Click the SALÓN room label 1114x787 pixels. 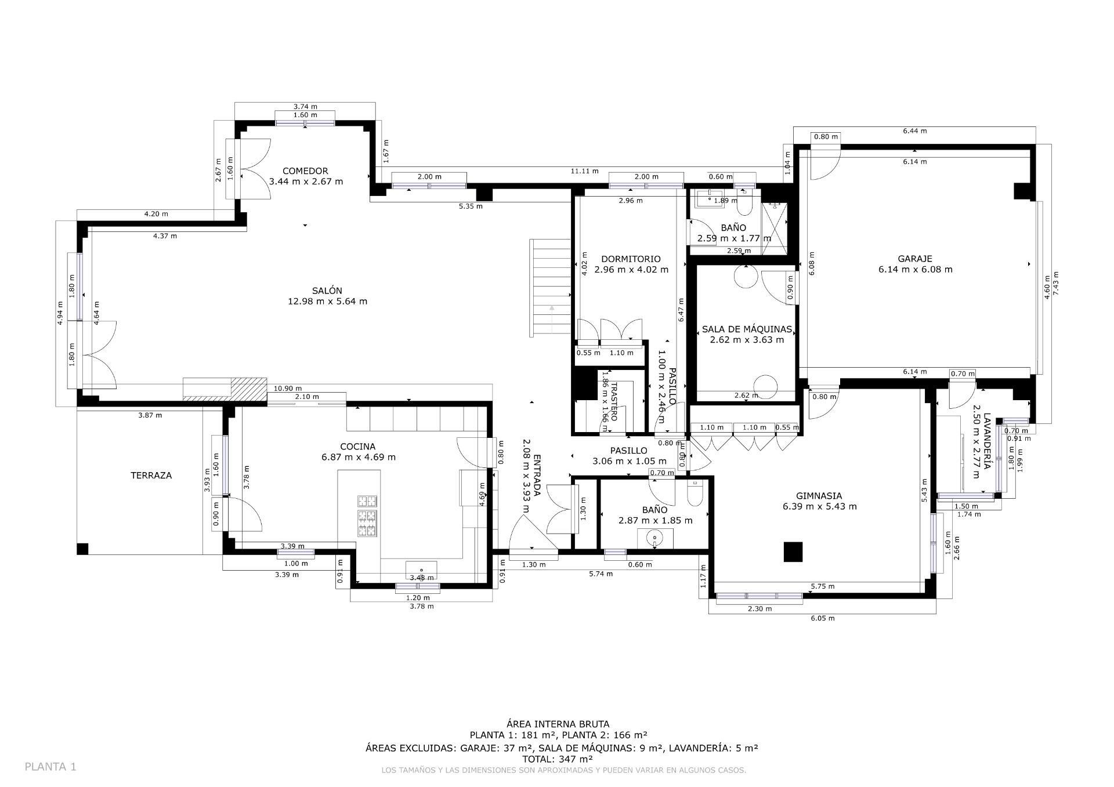(x=327, y=291)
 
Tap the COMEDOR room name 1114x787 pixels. (x=305, y=171)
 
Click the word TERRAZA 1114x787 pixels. (x=151, y=475)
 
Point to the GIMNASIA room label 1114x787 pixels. (x=819, y=496)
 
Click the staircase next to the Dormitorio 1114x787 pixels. (x=550, y=288)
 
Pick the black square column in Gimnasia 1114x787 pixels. (x=793, y=552)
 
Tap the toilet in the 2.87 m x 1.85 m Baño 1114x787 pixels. (x=694, y=493)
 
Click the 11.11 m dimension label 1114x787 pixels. (x=584, y=171)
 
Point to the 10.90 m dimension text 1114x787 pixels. (x=288, y=389)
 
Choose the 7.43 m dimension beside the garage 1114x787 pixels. (x=1055, y=284)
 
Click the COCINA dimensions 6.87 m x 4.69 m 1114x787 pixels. (x=359, y=457)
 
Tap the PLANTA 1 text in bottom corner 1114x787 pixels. (x=50, y=767)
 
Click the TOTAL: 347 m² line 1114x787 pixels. (x=557, y=759)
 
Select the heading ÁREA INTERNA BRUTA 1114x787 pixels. (x=558, y=724)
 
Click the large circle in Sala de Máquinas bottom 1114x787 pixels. (x=765, y=387)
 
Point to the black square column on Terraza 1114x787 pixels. (x=82, y=549)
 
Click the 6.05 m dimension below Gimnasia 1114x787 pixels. (x=822, y=618)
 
